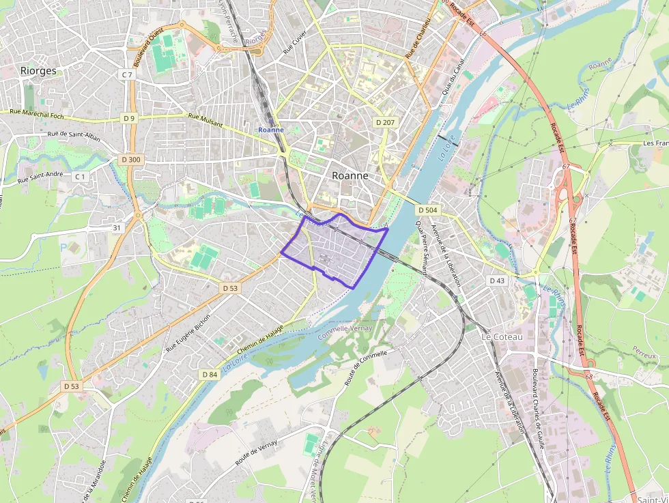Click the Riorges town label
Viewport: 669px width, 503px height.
pyautogui.click(x=38, y=70)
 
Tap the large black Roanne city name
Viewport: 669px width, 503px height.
pyautogui.click(x=350, y=175)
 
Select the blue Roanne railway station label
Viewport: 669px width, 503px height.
pyautogui.click(x=271, y=130)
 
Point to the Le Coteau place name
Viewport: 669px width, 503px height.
pyautogui.click(x=502, y=337)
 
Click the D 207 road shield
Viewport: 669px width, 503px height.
pyautogui.click(x=385, y=122)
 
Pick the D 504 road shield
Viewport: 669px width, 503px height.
pyautogui.click(x=427, y=210)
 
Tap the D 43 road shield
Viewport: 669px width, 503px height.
pyautogui.click(x=497, y=281)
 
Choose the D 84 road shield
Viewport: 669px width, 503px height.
pyautogui.click(x=210, y=375)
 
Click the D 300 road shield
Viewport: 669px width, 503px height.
pyautogui.click(x=130, y=160)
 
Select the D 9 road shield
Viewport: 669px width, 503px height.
pyautogui.click(x=129, y=118)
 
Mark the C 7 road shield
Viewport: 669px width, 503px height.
pyautogui.click(x=128, y=74)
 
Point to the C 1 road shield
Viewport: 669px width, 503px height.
pyautogui.click(x=81, y=177)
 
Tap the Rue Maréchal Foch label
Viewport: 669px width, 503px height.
pyautogui.click(x=37, y=113)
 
